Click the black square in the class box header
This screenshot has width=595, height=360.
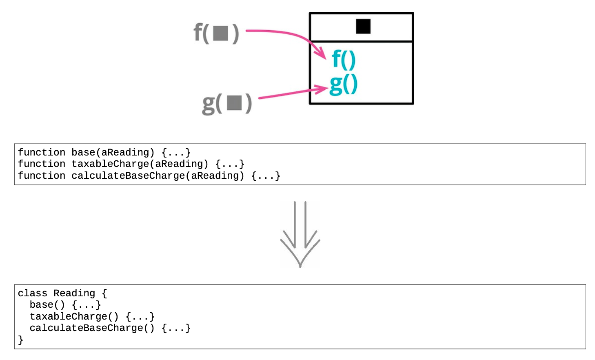[x=363, y=26]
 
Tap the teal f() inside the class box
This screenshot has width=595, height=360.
[x=344, y=60]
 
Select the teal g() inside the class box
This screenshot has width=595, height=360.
[x=344, y=85]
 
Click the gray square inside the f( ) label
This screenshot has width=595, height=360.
[x=220, y=33]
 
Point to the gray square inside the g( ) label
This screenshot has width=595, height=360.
[x=234, y=102]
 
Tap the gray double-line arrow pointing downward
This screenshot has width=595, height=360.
[x=300, y=234]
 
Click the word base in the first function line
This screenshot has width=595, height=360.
[x=83, y=153]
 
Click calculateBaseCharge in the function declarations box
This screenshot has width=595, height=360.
[x=128, y=176]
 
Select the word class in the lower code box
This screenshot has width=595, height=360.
[x=32, y=293]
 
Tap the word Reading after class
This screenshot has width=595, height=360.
[x=74, y=293]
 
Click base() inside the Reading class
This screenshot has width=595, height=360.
[x=47, y=305]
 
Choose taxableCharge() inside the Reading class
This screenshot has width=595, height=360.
[x=74, y=317]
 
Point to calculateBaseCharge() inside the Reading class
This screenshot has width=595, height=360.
[x=92, y=328]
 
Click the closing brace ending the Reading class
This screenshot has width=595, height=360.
[x=20, y=340]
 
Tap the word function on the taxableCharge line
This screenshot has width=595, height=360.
[x=42, y=164]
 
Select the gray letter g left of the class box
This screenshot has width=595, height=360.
[x=209, y=104]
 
